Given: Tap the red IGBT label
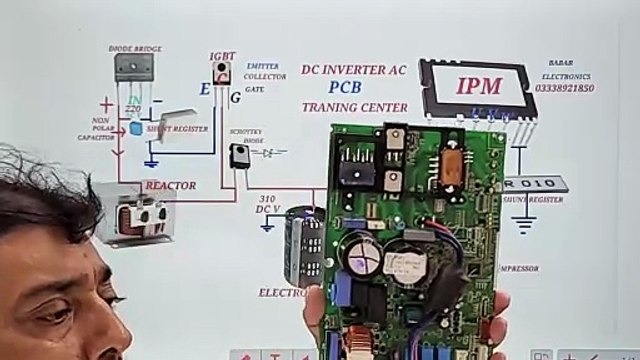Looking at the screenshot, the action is (221, 57).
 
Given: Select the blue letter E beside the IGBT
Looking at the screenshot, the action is (204, 90).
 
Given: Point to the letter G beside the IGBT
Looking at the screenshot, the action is (234, 97).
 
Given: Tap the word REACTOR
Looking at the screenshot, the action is (170, 186).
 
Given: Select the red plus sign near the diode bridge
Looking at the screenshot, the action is (106, 104).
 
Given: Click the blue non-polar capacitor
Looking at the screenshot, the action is (136, 128).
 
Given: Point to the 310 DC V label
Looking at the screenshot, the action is (266, 204).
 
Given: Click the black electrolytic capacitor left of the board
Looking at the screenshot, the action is (304, 247).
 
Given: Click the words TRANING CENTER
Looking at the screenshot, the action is (354, 107).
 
